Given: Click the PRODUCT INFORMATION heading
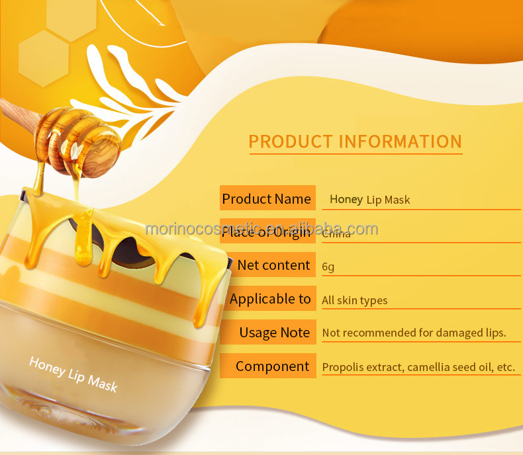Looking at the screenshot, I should (355, 142).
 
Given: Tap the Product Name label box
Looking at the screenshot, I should (267, 199).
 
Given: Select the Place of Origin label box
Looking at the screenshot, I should (267, 231).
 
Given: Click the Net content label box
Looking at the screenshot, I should (273, 265).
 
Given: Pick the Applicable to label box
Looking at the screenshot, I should (269, 299).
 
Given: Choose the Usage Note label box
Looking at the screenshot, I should (274, 333).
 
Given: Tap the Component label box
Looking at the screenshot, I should (271, 366).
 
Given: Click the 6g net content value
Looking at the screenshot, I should (328, 267).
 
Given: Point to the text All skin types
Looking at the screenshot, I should (354, 300).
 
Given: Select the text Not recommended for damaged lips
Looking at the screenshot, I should (414, 333).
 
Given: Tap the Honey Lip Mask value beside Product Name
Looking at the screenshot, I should (369, 200).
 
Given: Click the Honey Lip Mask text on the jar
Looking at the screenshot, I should (73, 374).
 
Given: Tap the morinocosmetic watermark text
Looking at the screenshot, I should (261, 229).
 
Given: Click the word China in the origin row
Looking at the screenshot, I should (337, 233).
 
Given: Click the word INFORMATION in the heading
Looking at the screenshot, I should (400, 142).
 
